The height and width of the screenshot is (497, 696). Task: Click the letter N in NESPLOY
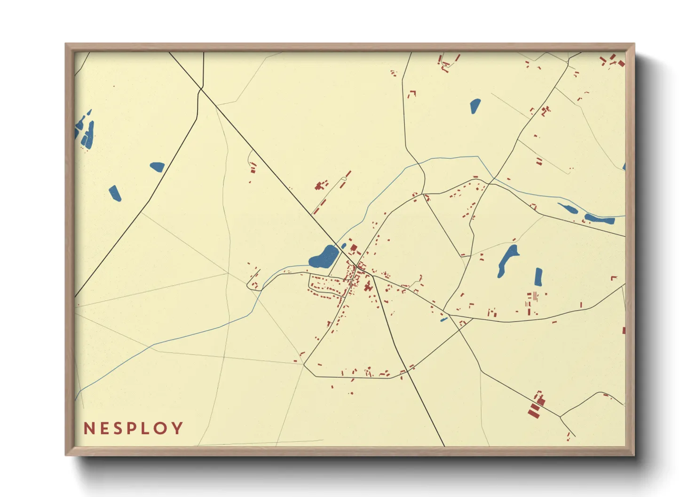pos(89,428)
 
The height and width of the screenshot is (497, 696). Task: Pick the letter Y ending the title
pos(177,428)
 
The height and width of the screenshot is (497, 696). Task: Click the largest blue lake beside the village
pos(324,256)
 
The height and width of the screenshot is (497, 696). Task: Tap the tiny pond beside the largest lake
pos(343,246)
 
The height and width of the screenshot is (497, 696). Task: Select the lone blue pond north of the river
pos(475,106)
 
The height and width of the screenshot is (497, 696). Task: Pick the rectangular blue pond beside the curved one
pos(538,277)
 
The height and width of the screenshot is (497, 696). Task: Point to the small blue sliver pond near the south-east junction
pos(443,320)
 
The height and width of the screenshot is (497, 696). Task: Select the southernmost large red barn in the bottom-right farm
pos(533,413)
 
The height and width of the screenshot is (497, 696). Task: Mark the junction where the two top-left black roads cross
pos(201,88)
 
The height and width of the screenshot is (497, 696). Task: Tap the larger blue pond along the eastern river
pos(599,218)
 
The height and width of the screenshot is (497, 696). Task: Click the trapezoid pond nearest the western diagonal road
pos(158,166)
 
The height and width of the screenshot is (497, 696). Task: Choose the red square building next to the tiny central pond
pos(354,248)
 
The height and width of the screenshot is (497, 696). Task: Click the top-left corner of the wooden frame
pos(66,45)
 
